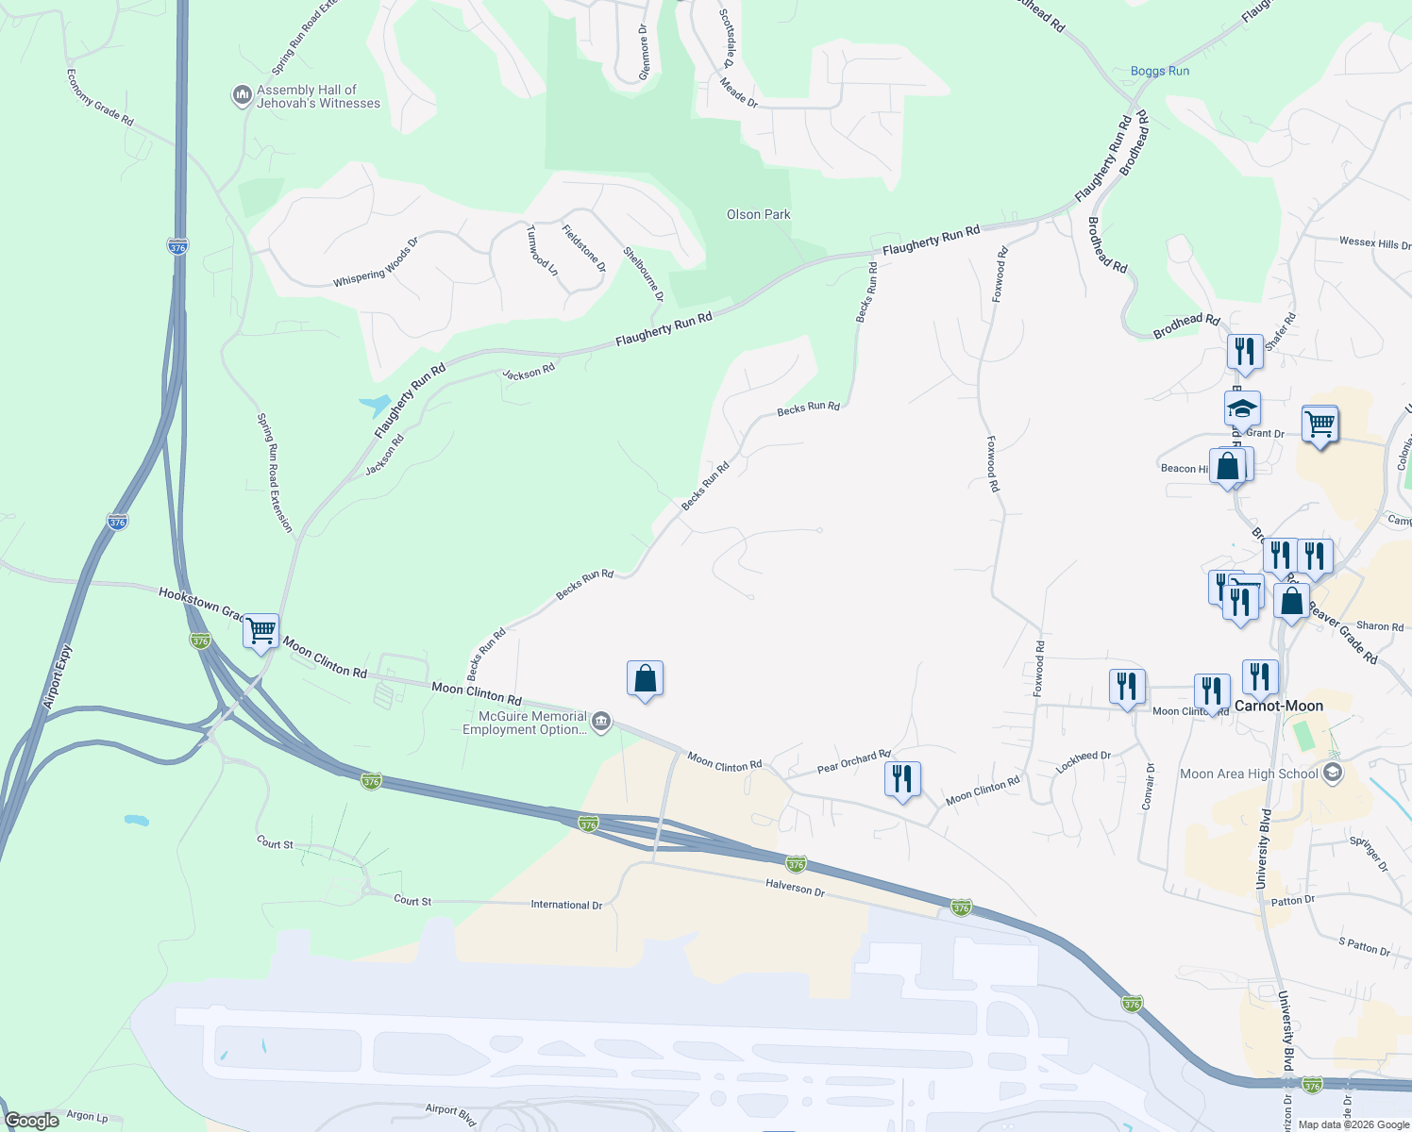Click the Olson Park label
point(758,215)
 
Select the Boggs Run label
point(1159,72)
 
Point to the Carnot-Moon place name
point(1279,706)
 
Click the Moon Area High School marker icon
point(1333,774)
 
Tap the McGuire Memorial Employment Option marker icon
point(601,723)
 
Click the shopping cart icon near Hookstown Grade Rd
point(261,630)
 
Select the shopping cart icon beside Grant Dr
point(1320,424)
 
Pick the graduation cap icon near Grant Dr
point(1242,409)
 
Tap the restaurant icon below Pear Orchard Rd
point(902,779)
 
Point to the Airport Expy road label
point(58,676)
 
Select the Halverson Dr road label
point(795,888)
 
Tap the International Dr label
point(566,905)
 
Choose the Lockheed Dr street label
point(1084,762)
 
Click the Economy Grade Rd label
point(100,97)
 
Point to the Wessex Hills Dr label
point(1374,243)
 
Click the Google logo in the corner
point(32,1121)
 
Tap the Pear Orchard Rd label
point(853,762)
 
